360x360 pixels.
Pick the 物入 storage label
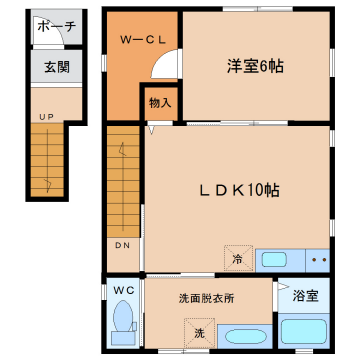click(x=160, y=101)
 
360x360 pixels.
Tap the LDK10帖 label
click(x=236, y=190)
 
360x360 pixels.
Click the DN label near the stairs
click(x=121, y=247)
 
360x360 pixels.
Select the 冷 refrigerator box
click(x=238, y=258)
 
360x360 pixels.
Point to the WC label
click(x=122, y=291)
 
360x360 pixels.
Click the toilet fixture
click(x=123, y=323)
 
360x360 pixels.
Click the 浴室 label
click(x=306, y=296)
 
